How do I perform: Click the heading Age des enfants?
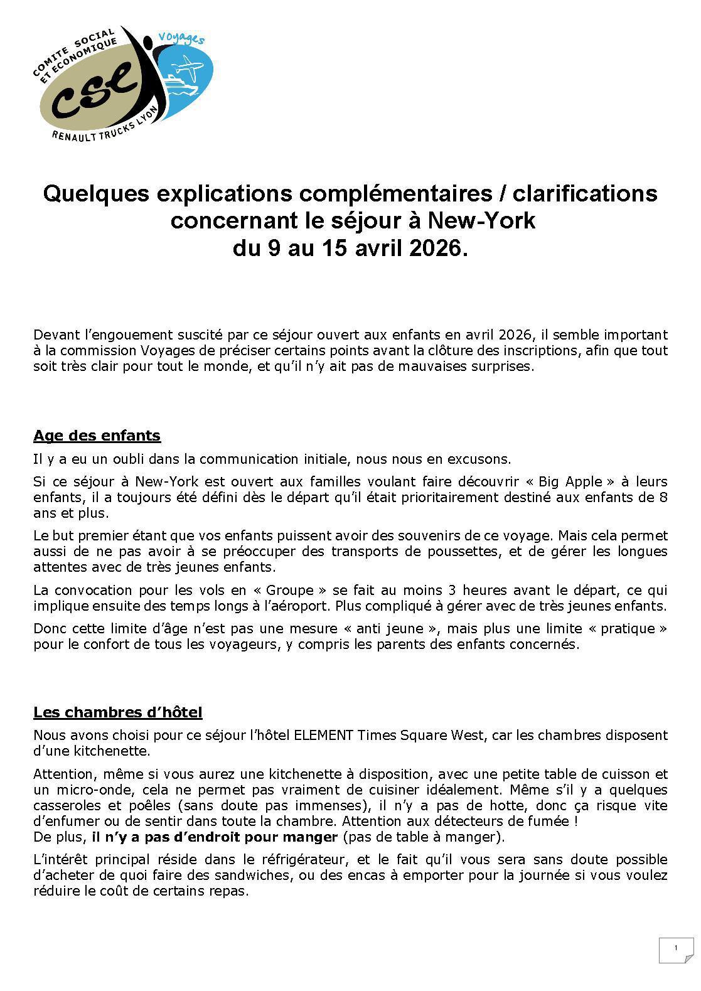[97, 436]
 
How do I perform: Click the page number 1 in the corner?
[675, 948]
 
